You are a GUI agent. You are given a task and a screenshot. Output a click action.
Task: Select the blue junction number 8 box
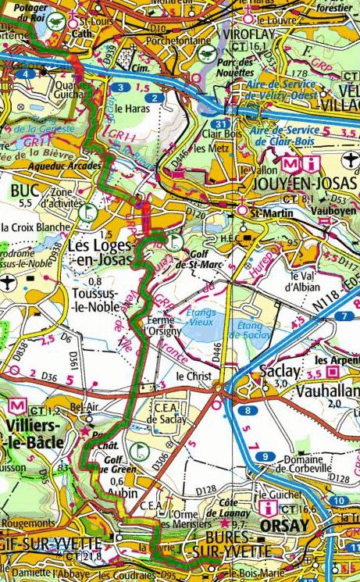pos(248,410)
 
